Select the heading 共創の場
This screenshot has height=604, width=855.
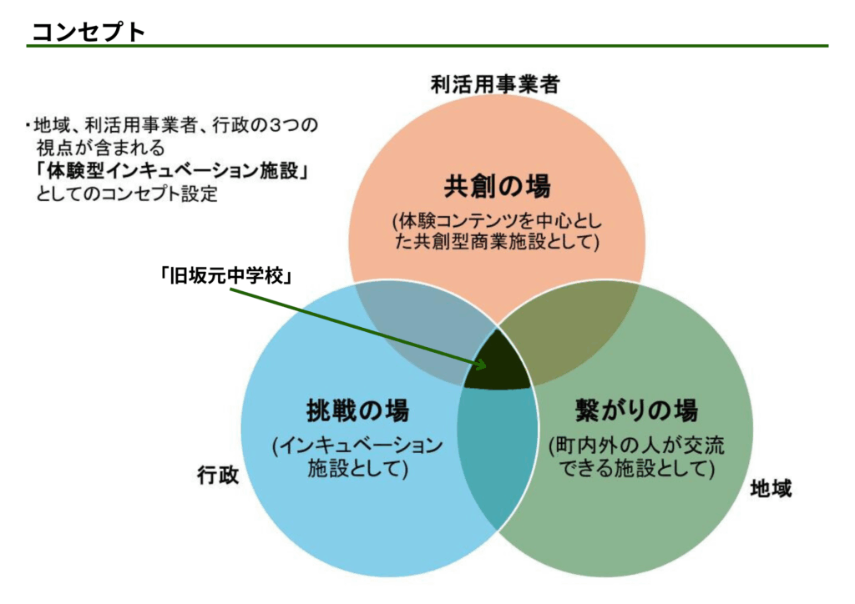click(497, 185)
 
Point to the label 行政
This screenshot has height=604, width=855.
click(218, 475)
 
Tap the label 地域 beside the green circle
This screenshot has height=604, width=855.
click(770, 488)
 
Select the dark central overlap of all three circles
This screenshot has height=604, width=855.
click(498, 367)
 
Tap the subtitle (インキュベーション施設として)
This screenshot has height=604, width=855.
click(357, 456)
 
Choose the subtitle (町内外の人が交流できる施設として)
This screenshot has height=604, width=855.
click(636, 457)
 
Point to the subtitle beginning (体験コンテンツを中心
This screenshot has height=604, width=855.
click(497, 232)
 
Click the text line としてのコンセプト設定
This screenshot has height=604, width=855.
click(127, 195)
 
